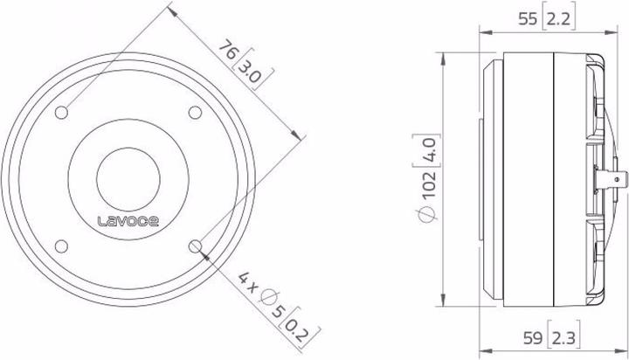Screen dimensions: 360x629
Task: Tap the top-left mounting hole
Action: coord(64,112)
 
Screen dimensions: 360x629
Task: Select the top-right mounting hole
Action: coord(195,112)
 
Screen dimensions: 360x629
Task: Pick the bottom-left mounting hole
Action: coord(64,244)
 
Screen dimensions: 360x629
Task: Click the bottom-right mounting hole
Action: coord(195,244)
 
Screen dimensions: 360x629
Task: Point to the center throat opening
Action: coord(129,178)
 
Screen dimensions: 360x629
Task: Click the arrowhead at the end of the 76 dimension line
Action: coord(300,136)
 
